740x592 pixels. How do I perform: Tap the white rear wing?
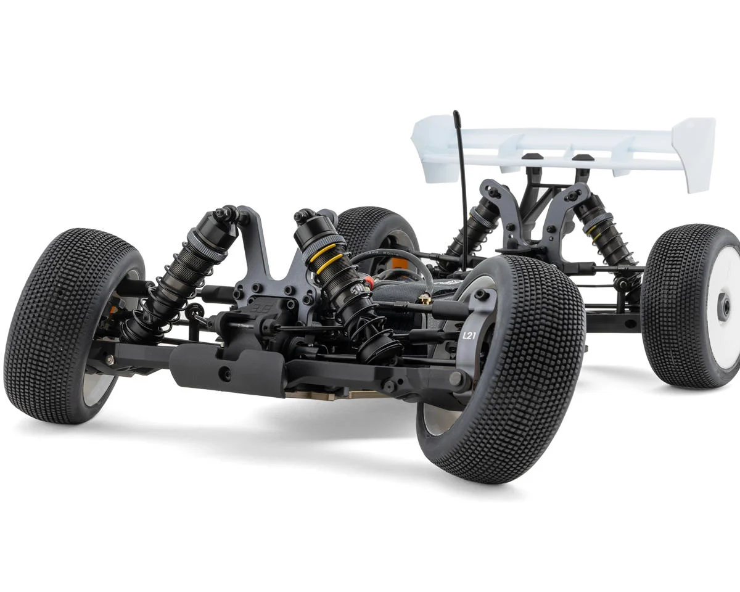click(x=555, y=145)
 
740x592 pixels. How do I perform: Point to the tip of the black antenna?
click(x=456, y=114)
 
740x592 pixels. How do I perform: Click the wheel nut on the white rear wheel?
click(x=723, y=306)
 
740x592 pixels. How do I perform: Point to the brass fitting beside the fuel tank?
click(x=424, y=300)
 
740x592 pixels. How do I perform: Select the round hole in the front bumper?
click(x=227, y=373)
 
